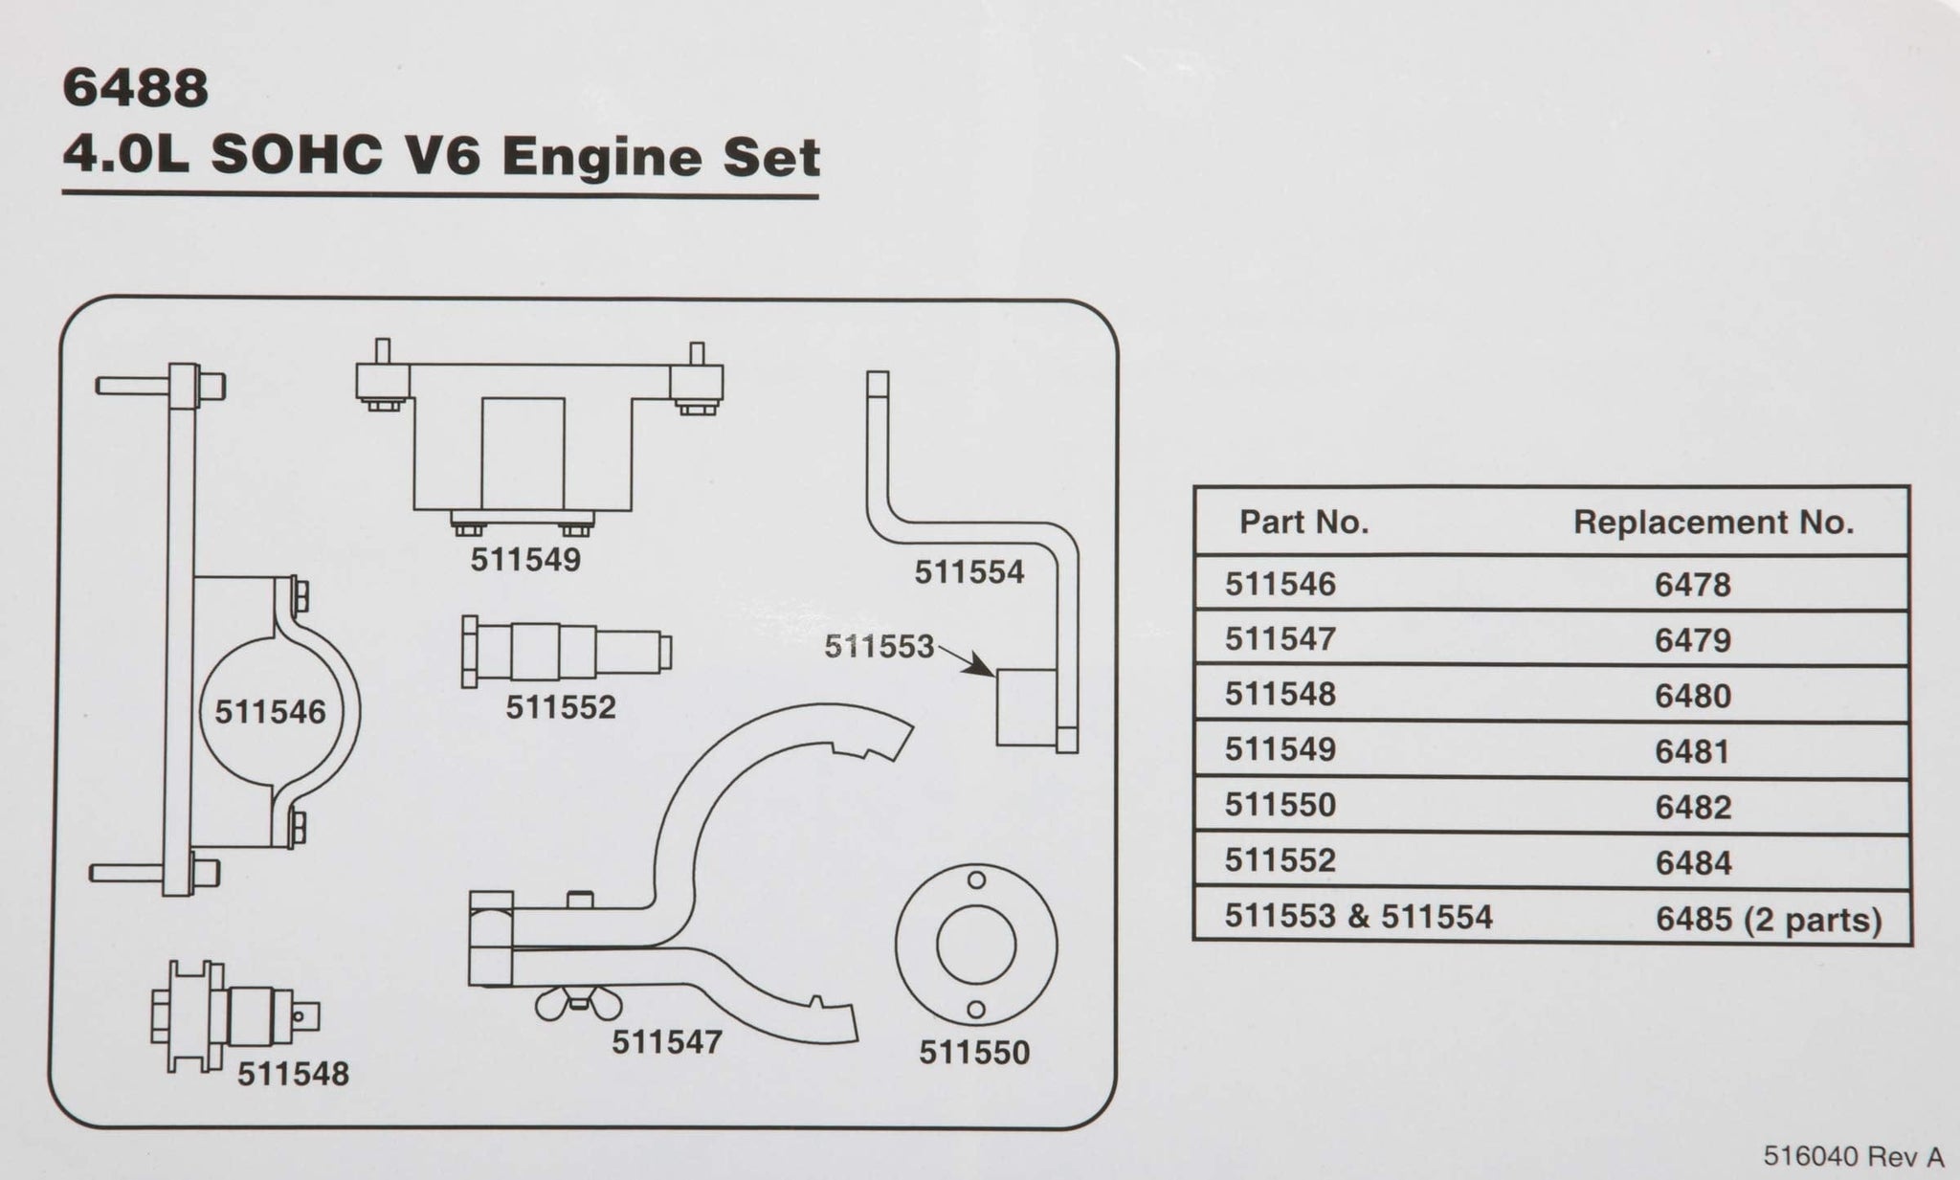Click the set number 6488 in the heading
point(135,88)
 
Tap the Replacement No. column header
point(1713,523)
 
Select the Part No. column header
point(1303,523)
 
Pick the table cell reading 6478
point(1692,585)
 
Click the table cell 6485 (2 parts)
point(1769,920)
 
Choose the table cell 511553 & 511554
point(1358,917)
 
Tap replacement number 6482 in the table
point(1692,808)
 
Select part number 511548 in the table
point(1280,694)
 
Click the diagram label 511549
point(525,560)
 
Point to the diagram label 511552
point(561,707)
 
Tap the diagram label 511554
point(969,572)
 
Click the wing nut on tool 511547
point(578,1004)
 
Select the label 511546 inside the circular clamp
point(270,712)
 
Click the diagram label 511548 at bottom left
point(293,1074)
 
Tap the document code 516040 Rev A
point(1854,1157)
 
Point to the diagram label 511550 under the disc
point(974,1053)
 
